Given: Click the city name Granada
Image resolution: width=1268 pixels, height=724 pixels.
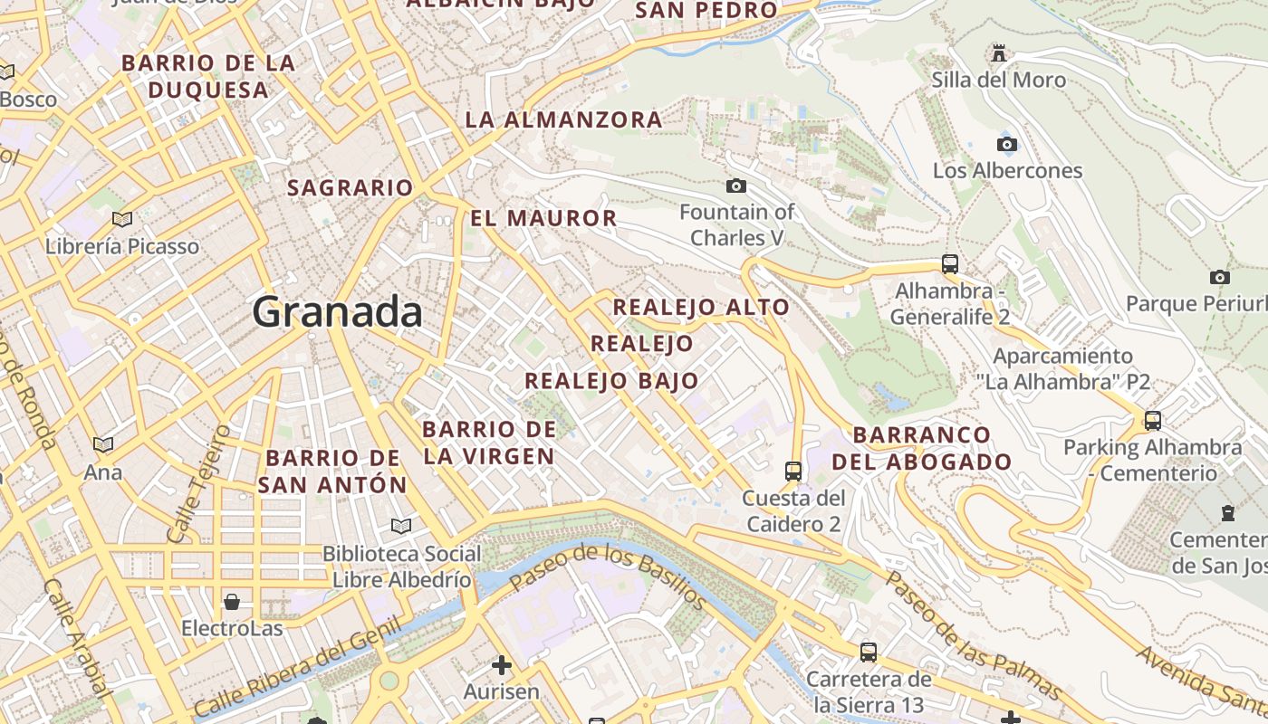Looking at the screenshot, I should coord(337,312).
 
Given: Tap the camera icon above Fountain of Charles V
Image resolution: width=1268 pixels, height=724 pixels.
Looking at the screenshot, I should coord(736,186).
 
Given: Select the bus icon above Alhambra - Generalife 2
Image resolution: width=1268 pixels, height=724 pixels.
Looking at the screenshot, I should coord(949,264).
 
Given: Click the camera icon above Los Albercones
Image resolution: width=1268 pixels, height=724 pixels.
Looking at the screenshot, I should coord(1006,144).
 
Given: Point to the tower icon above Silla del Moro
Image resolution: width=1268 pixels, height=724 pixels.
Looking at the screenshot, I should coord(999,53).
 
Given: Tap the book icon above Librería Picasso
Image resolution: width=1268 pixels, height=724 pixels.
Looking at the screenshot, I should coord(121,219).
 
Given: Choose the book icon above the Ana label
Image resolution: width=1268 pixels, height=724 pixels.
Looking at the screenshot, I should coord(103,445).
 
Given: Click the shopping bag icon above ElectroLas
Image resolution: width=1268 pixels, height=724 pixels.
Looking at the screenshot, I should coord(232,601).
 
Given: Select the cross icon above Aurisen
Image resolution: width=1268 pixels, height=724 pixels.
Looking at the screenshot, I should coord(501,665).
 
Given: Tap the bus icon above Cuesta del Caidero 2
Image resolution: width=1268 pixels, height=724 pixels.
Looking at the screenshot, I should coord(792,471).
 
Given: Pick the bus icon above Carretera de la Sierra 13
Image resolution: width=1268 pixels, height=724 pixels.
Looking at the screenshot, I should coord(868,652).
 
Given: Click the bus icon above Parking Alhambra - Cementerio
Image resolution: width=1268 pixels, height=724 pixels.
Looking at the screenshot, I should coord(1152,421).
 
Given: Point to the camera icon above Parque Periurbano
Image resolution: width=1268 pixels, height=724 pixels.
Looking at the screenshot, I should coord(1219,277).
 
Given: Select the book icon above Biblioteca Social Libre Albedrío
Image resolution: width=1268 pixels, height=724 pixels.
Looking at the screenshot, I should coord(400,526).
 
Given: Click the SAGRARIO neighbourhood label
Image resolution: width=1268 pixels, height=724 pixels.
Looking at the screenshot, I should coord(350,188).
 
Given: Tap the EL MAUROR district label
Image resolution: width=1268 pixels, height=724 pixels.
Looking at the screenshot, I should coord(543,218).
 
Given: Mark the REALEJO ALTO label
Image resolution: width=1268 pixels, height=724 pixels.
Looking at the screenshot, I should coord(701,308).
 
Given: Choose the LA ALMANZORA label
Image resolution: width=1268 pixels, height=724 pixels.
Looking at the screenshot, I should coord(563,119).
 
